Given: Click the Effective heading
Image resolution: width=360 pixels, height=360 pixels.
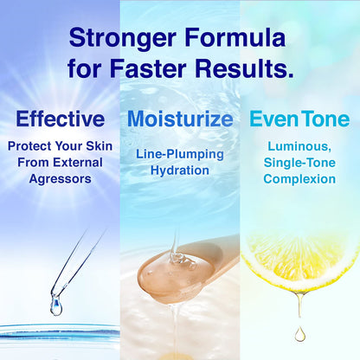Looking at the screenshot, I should click(60, 119).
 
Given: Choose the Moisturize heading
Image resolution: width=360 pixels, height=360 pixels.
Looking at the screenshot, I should click(179, 119).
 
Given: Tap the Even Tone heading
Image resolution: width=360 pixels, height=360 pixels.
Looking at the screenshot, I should click(300, 119).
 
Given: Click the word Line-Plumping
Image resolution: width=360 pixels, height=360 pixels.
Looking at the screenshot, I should click(179, 155).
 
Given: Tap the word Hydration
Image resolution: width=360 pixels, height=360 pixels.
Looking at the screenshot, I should click(179, 170).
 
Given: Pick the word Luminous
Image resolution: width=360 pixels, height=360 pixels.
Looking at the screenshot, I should click(300, 148).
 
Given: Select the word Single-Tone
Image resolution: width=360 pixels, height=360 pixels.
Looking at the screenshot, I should click(300, 164).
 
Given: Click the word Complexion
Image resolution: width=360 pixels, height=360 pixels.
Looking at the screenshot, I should click(300, 179).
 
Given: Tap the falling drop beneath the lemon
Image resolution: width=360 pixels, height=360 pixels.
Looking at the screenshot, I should click(299, 331).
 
